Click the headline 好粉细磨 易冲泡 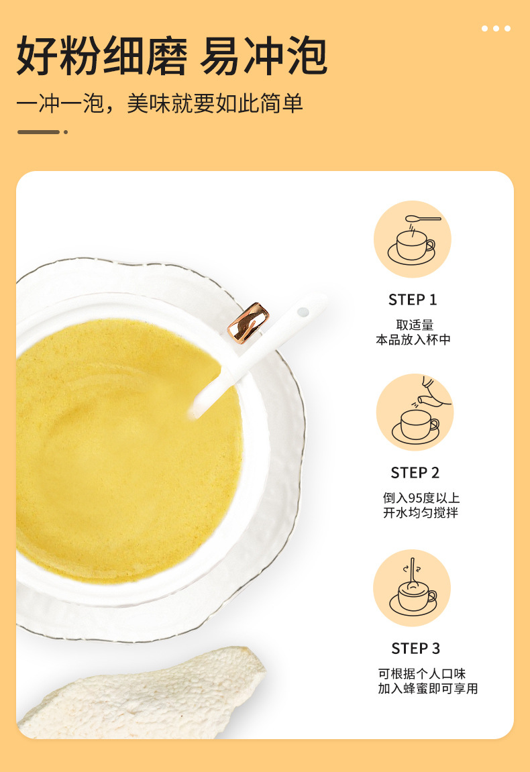[x=172, y=56]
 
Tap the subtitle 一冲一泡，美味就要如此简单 [x=160, y=103]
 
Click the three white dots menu [x=496, y=29]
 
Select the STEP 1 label [x=413, y=299]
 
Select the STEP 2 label [x=415, y=473]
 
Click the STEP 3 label [x=416, y=649]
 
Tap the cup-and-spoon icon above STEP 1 [x=413, y=239]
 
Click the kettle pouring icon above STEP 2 [x=415, y=412]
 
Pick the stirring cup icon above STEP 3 [x=413, y=588]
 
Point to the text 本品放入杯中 [x=413, y=339]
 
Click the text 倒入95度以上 [x=421, y=498]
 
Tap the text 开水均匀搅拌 [x=421, y=512]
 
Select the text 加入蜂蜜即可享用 [x=428, y=688]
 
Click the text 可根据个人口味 [x=421, y=673]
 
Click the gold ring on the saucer [x=248, y=323]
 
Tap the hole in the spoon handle [x=303, y=312]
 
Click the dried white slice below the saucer [x=143, y=695]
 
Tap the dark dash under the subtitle [x=38, y=132]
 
